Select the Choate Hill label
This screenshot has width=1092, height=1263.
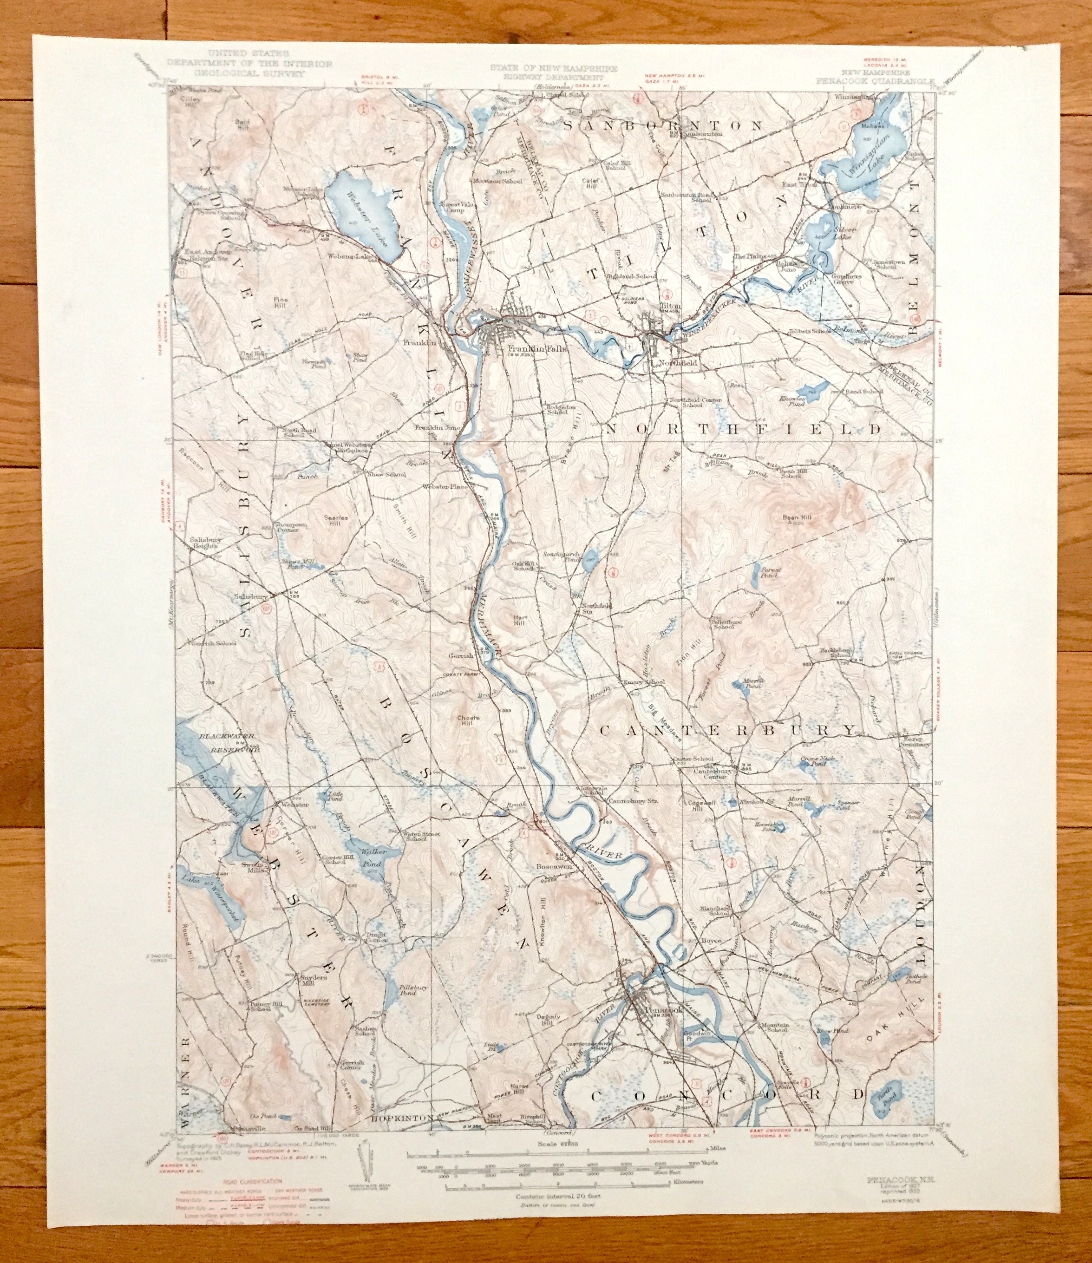[x=469, y=721]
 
